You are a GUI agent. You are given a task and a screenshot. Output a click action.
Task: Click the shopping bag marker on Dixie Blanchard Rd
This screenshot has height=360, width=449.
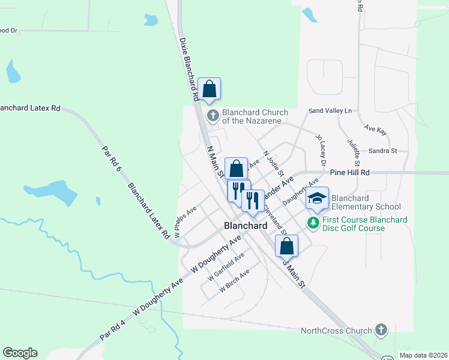[x=209, y=89]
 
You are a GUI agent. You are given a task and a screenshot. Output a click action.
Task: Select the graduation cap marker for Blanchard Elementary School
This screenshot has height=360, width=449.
[x=318, y=199]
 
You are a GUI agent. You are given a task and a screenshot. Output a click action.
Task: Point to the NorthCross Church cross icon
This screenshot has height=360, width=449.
[x=380, y=329]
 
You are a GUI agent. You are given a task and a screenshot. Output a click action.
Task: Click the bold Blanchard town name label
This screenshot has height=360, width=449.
[x=245, y=226]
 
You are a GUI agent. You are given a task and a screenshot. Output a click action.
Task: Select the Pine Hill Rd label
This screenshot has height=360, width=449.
[x=349, y=172]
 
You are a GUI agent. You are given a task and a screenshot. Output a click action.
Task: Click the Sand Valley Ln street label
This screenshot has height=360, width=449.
[x=330, y=111]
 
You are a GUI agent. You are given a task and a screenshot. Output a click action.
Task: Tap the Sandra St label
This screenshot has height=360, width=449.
[x=383, y=151]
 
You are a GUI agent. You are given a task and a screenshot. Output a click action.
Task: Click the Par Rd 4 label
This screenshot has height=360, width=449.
[x=113, y=328]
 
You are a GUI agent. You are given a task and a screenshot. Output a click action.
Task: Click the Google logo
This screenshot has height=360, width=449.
[x=20, y=353]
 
